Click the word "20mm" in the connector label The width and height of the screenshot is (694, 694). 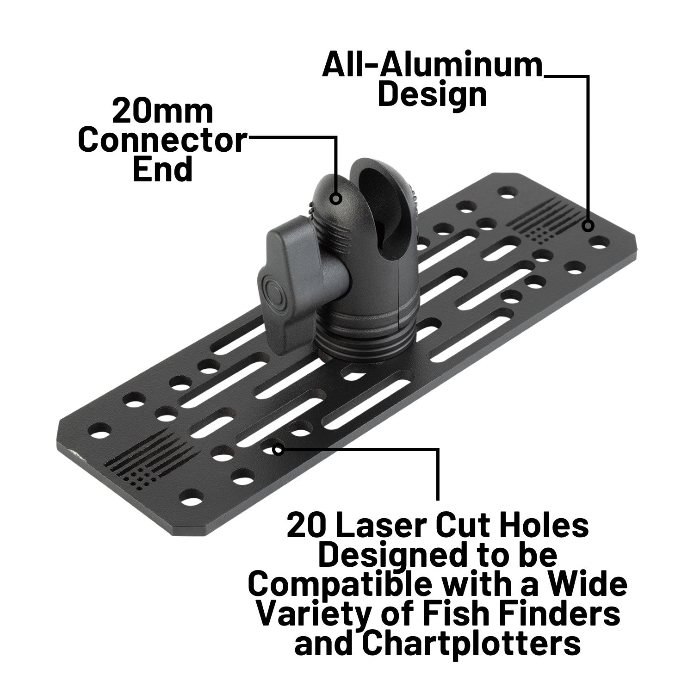(x=162, y=112)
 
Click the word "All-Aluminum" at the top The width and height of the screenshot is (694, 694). (x=432, y=65)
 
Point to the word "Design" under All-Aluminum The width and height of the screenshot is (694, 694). (x=432, y=95)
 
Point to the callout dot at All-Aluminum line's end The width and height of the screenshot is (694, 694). (x=588, y=226)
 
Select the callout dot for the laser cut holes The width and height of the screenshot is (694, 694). (x=278, y=449)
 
